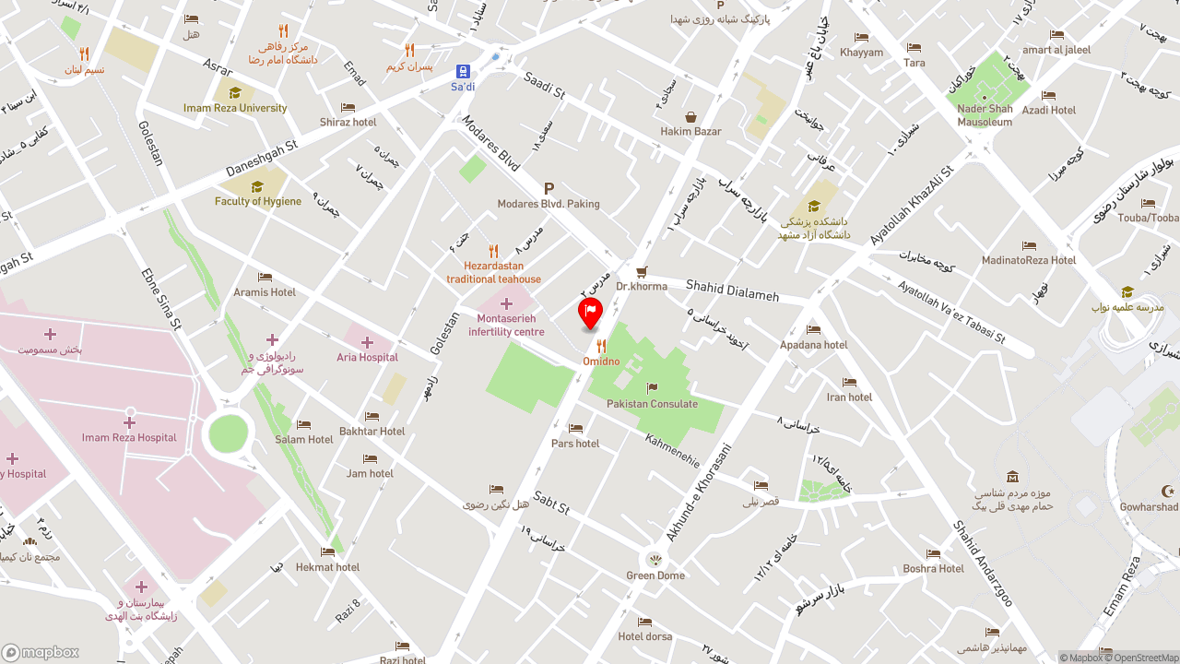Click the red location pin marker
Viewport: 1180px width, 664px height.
(590, 314)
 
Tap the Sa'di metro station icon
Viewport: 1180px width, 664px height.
(463, 71)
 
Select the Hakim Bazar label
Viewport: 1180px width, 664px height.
(690, 131)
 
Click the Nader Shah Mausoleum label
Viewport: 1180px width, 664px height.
(985, 115)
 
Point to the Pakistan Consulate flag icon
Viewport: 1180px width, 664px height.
(653, 388)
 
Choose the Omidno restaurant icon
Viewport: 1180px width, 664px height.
(601, 346)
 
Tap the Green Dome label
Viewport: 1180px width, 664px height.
(655, 575)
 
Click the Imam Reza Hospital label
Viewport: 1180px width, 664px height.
(129, 437)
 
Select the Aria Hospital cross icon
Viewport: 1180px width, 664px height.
(367, 342)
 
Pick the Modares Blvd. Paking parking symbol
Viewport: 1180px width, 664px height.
(549, 188)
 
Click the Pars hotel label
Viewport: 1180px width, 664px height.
(575, 444)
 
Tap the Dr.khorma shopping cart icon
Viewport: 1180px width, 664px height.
(642, 271)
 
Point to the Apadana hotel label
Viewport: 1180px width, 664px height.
(813, 345)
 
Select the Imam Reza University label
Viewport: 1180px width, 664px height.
(235, 108)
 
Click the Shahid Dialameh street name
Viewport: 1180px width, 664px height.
(732, 290)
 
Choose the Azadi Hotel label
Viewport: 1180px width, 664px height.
(1049, 110)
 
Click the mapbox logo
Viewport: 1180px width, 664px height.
(41, 652)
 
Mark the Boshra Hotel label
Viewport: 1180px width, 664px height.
(934, 568)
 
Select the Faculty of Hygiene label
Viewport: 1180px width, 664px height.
(258, 201)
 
